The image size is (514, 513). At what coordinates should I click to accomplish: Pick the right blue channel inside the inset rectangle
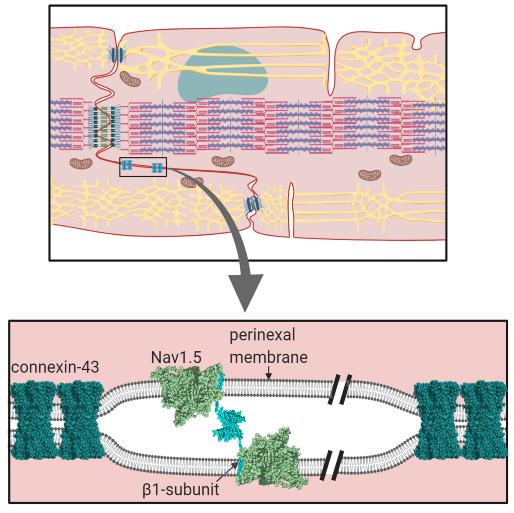tap(157, 168)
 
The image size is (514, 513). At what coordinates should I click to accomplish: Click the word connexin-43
tap(55, 368)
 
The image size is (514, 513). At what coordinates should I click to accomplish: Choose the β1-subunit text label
tap(181, 490)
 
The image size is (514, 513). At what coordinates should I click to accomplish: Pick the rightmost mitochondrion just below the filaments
tap(400, 160)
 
